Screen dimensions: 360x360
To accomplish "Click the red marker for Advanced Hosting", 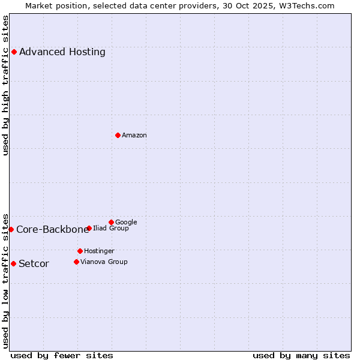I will [x=14, y=52].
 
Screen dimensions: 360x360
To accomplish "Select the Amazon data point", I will [x=118, y=135].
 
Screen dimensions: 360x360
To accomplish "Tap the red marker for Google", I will [x=111, y=222].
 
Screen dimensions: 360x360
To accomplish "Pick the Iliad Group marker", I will [x=89, y=228].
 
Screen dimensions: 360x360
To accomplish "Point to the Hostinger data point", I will [x=80, y=251].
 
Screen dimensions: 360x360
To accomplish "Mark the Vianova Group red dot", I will [x=76, y=262].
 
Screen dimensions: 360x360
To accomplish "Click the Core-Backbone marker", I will [x=11, y=229].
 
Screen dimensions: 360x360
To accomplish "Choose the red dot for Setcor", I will [x=13, y=263].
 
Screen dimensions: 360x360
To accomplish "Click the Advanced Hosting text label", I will [x=62, y=52].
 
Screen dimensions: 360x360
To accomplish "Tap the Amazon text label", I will [x=134, y=135].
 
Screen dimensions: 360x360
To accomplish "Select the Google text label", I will [x=126, y=222].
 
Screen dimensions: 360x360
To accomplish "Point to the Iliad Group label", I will [x=111, y=228].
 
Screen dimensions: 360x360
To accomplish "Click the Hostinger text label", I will [x=99, y=251].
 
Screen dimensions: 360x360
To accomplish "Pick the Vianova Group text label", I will [x=104, y=262].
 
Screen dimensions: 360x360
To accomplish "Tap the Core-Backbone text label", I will [x=52, y=229].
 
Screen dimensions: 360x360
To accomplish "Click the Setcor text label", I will [x=34, y=263].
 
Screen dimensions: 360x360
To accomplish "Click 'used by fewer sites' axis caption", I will [x=62, y=355].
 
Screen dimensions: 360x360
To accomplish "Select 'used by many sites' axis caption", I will [x=301, y=355].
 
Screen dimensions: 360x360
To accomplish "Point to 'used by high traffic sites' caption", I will [x=6, y=85].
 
